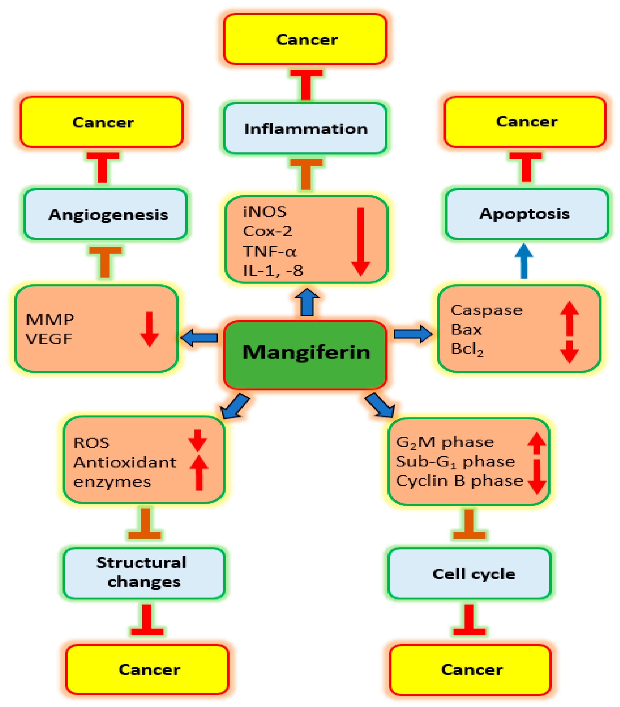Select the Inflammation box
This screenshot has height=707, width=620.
(x=305, y=129)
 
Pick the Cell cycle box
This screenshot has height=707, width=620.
(x=469, y=574)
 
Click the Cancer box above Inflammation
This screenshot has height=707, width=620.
(x=305, y=39)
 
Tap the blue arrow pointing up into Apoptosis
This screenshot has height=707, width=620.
(x=524, y=261)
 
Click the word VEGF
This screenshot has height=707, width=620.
(x=49, y=339)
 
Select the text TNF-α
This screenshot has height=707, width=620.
(x=269, y=251)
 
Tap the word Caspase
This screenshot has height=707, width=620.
(x=486, y=310)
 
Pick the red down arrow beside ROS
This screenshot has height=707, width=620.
(x=198, y=440)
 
